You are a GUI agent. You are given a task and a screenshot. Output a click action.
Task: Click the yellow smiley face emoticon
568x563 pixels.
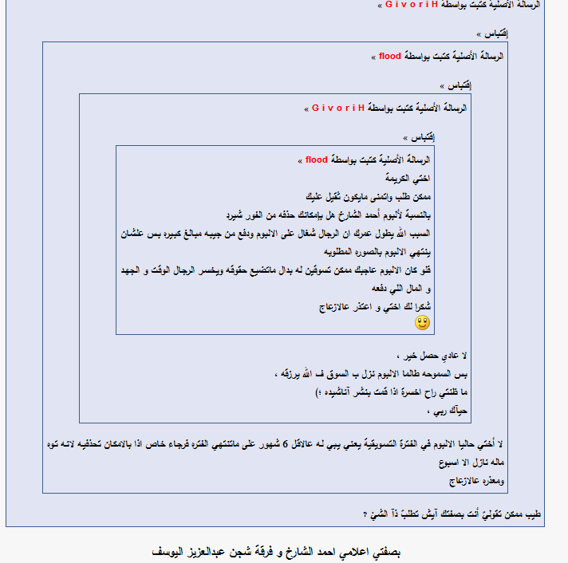pos(422,322)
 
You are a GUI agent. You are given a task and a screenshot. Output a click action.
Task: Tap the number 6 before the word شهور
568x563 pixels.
pos(285,445)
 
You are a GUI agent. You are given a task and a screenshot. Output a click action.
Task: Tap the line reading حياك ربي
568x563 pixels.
pos(451,411)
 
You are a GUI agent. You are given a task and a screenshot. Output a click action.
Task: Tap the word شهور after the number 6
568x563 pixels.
pos(266,445)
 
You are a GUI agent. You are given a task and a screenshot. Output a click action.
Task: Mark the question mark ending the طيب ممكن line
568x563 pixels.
pos(365,515)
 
